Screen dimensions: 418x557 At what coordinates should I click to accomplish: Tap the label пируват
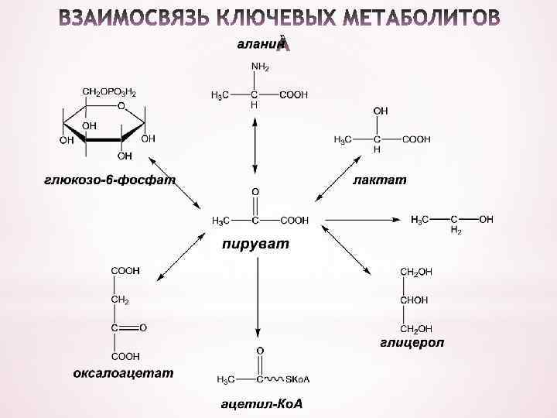(255, 245)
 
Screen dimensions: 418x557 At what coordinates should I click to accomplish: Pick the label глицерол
(412, 342)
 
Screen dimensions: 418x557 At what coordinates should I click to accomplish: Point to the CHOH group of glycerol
(415, 300)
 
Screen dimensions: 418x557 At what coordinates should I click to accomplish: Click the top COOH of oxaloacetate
(125, 271)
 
